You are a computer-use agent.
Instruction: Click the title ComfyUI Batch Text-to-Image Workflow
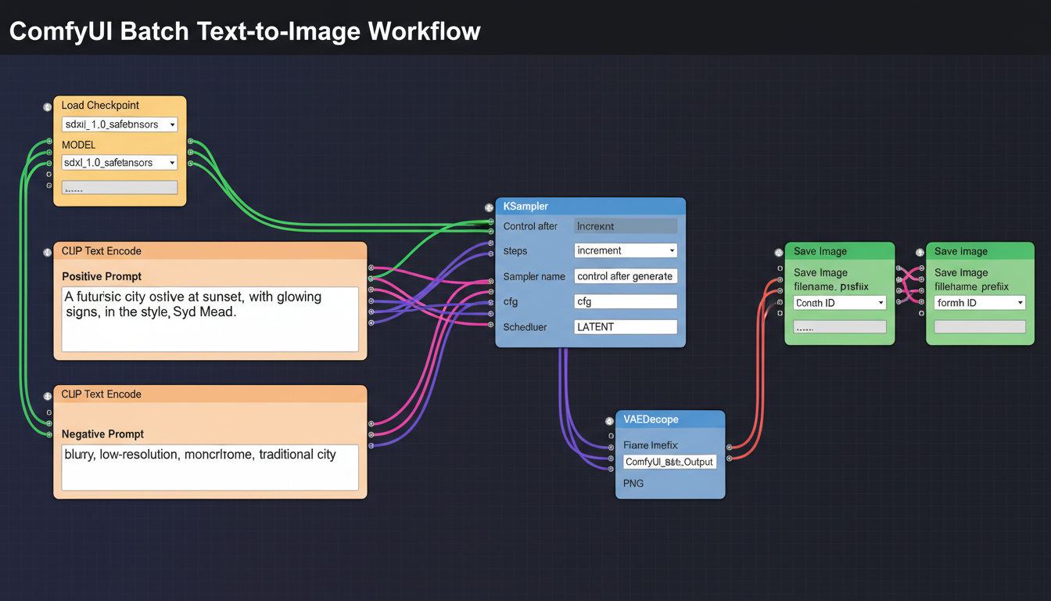point(245,31)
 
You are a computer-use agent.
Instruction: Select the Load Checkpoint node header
point(100,106)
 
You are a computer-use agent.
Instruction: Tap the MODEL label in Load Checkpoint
point(78,145)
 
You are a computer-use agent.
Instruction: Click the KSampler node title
point(525,207)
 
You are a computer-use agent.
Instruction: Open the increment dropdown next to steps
point(626,250)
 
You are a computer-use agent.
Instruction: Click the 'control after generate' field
point(626,276)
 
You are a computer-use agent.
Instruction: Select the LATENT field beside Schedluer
point(626,327)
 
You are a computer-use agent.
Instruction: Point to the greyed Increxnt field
point(626,226)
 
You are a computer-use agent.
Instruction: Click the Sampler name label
point(534,276)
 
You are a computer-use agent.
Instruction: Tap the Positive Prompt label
point(102,276)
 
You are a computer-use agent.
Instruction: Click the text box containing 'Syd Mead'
point(210,318)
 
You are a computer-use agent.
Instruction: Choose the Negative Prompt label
point(102,434)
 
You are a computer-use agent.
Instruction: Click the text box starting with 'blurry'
point(210,467)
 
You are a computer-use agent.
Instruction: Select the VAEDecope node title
point(651,419)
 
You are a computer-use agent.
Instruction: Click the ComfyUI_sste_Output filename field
point(669,462)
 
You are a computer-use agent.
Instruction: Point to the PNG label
point(633,484)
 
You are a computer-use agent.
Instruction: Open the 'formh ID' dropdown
point(980,303)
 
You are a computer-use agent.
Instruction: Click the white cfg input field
point(626,301)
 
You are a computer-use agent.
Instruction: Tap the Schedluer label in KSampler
point(525,327)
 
